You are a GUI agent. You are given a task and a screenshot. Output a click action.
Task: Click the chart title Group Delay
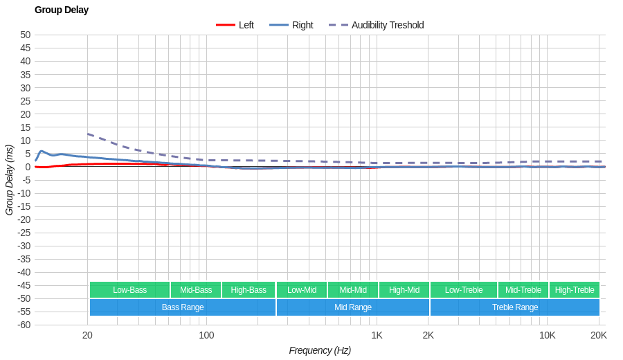click(62, 10)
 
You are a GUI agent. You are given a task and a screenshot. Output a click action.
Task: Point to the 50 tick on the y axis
click(26, 35)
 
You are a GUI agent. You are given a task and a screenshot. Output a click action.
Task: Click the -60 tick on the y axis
click(24, 325)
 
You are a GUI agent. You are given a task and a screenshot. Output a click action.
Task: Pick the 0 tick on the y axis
click(28, 166)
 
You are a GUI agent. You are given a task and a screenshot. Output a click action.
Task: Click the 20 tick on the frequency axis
click(87, 335)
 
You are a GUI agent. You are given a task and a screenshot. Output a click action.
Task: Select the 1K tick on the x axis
click(377, 335)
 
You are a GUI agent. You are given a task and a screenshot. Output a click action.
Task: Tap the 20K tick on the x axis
click(599, 335)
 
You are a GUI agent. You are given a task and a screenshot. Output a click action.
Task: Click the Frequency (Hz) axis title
click(320, 350)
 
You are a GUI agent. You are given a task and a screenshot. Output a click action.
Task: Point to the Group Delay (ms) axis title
click(9, 180)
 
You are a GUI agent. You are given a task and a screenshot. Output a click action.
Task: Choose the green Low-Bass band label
click(129, 290)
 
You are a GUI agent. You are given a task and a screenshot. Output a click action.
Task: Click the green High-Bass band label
click(249, 290)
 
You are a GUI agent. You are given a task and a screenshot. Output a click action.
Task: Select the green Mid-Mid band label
click(353, 290)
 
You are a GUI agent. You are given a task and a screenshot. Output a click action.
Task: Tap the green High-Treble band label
click(575, 290)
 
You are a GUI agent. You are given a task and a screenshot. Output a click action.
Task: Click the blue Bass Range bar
click(183, 307)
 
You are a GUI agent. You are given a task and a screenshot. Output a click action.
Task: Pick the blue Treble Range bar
click(515, 307)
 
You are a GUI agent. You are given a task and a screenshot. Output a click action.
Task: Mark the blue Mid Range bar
click(353, 307)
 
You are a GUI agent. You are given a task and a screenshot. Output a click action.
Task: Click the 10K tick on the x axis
click(547, 335)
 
